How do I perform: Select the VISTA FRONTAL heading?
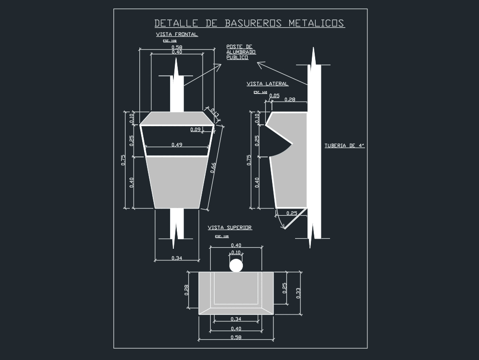click(177, 35)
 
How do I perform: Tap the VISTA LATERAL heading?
click(267, 83)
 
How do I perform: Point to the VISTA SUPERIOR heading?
click(229, 228)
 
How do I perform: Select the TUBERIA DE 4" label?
click(344, 145)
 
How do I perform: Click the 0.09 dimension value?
click(195, 129)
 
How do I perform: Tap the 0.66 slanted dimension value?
click(213, 168)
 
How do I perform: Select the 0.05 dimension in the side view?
click(274, 96)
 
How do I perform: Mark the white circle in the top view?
click(236, 266)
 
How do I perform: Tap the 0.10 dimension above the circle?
click(236, 253)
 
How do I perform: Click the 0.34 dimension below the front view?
click(177, 258)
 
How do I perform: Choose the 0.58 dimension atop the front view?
click(177, 47)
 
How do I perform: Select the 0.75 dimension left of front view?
click(123, 160)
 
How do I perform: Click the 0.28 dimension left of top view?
click(186, 290)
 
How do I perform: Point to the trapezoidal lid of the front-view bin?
click(177, 118)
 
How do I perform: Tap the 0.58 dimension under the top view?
click(236, 338)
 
